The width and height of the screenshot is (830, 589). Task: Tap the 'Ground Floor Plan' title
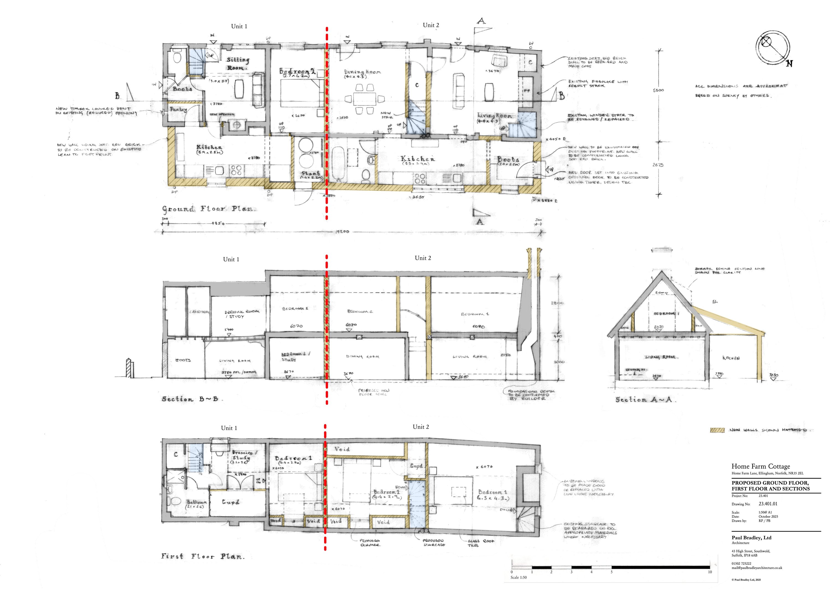coord(209,209)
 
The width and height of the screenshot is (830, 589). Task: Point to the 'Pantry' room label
coord(178,109)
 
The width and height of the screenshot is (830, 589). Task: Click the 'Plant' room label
coord(311,174)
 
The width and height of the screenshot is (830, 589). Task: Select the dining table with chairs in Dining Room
coord(364,99)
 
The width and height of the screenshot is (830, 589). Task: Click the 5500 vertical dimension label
coord(658,90)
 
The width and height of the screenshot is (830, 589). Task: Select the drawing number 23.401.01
coord(768,504)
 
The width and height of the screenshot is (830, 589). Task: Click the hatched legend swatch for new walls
coord(717,430)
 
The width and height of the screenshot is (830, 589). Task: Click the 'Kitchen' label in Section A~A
coord(731,358)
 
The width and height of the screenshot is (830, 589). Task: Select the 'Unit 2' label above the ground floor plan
coord(431,25)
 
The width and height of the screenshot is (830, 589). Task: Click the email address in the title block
coord(756,568)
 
